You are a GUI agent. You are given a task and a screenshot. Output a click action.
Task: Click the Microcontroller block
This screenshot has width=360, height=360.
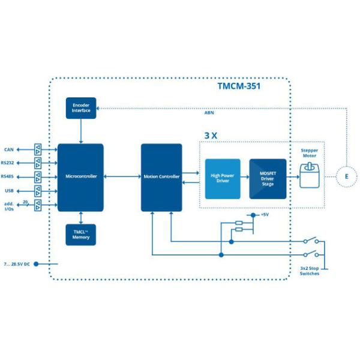point(80,177)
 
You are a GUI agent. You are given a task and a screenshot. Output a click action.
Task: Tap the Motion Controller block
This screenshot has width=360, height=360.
point(161,177)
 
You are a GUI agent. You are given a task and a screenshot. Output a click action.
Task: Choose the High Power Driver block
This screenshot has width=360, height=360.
point(223,178)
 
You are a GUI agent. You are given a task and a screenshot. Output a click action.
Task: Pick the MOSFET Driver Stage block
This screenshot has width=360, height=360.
point(268,178)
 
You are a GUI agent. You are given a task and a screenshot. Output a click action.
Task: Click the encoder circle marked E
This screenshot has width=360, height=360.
point(345,176)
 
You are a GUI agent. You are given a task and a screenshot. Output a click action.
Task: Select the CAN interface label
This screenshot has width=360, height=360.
point(9,149)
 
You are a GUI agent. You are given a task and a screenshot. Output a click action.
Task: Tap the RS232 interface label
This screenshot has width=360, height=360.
point(8,162)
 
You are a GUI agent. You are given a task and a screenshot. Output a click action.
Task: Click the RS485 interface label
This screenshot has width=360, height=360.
point(8,176)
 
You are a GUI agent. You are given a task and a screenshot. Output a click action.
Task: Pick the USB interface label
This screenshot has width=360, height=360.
point(9,191)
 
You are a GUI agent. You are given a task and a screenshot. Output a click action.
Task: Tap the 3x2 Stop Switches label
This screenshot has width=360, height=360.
point(309,271)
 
